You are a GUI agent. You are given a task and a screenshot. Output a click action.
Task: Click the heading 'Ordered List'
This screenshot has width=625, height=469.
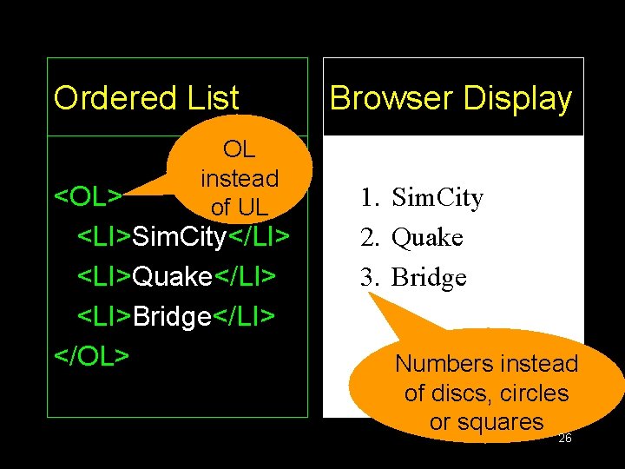click(146, 98)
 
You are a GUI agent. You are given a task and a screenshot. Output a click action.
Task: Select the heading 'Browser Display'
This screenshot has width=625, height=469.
click(451, 98)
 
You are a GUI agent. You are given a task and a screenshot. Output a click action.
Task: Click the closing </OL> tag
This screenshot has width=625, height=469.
click(92, 355)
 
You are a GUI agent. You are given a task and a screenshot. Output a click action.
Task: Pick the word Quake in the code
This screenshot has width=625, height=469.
click(172, 276)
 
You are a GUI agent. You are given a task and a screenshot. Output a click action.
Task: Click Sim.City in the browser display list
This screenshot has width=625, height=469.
click(437, 198)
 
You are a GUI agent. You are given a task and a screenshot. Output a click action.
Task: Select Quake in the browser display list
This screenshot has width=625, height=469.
click(427, 238)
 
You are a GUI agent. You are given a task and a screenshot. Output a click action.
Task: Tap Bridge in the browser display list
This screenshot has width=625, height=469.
click(430, 278)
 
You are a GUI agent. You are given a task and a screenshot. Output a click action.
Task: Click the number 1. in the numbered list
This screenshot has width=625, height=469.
click(373, 198)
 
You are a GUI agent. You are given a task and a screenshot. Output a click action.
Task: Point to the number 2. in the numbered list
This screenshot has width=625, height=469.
click(373, 238)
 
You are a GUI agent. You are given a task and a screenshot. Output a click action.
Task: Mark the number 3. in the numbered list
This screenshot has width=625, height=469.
click(373, 278)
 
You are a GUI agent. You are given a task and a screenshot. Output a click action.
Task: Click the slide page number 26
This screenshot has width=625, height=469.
click(564, 439)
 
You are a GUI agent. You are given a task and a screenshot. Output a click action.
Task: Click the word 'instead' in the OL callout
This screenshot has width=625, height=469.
click(239, 179)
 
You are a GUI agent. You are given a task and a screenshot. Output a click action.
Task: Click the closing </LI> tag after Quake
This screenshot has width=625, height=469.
click(245, 276)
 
